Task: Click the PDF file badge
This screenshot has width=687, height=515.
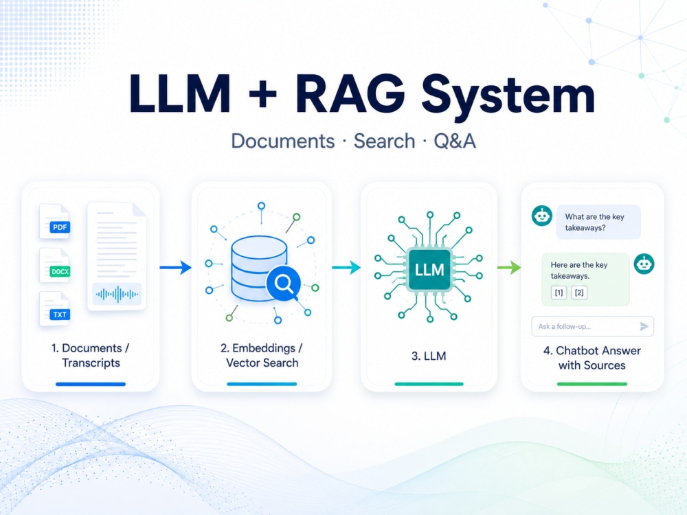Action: [60, 227]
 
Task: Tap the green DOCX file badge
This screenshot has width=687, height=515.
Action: [60, 271]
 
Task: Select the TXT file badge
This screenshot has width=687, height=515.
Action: [60, 314]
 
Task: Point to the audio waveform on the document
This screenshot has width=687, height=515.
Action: [117, 295]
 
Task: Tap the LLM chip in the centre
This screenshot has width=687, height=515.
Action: [429, 270]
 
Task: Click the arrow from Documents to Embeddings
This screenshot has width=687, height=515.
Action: [175, 267]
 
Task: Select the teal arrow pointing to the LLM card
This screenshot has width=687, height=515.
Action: [346, 267]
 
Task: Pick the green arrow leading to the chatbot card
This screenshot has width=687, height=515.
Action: [509, 267]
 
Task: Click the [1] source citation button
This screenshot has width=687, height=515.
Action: [559, 293]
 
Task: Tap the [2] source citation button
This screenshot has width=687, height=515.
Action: [579, 293]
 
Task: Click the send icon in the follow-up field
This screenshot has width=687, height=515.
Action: [644, 326]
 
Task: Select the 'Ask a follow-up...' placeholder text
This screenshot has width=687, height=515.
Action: [564, 326]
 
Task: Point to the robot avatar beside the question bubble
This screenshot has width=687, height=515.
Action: [542, 216]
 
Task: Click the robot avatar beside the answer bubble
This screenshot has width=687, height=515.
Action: [644, 264]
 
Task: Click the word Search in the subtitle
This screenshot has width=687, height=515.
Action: [384, 141]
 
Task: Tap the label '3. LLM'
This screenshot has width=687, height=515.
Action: [429, 356]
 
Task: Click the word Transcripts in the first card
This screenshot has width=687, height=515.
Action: [91, 363]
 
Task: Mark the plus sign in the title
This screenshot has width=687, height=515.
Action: [262, 93]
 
